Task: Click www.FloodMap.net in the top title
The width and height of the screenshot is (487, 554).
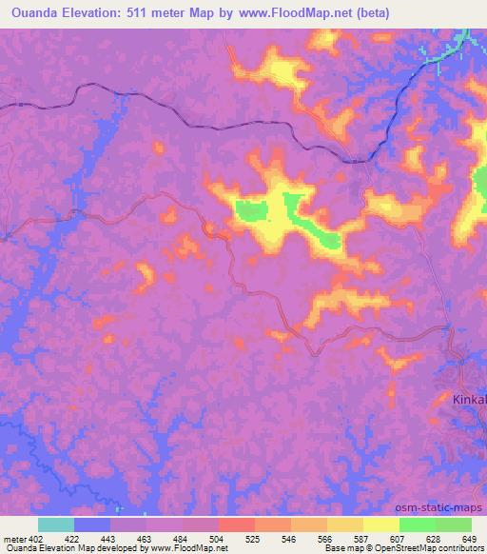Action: [x=290, y=13]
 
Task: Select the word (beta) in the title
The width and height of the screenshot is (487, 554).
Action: [x=367, y=13]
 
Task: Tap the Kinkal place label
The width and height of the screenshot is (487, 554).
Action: [x=468, y=400]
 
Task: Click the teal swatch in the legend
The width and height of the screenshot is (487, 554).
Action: [x=56, y=524]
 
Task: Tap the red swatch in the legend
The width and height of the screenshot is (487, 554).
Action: [x=236, y=524]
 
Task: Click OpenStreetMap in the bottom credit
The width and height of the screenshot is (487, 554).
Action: [x=392, y=548]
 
